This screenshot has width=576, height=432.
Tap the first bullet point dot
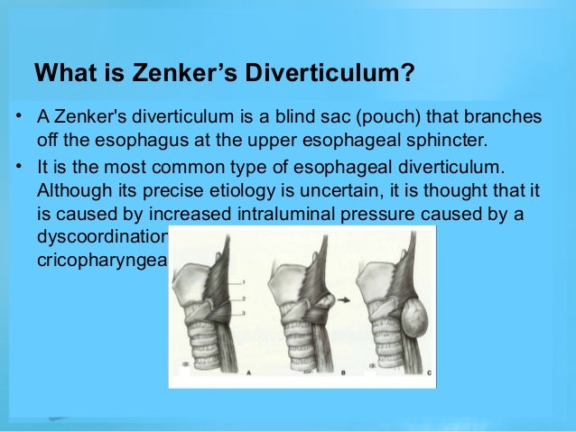tap(18, 117)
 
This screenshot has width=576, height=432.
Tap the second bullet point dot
tap(18, 167)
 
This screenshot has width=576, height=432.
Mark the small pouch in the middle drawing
tap(321, 297)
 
